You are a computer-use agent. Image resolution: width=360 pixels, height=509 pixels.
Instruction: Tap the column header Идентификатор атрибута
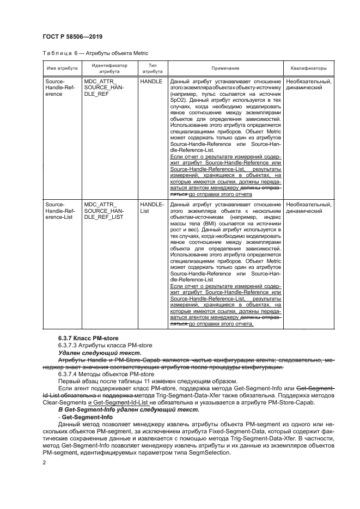[109, 69]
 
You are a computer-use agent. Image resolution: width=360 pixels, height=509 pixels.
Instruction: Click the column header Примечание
[225, 69]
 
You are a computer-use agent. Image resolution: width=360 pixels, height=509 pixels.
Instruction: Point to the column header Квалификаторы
[309, 69]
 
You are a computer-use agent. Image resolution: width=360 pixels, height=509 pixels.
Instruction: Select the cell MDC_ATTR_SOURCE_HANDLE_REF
[104, 87]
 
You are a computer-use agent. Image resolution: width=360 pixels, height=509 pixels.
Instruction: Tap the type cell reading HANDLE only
[151, 81]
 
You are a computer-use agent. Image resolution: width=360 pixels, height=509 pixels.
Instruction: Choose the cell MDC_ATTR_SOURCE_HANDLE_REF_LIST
[104, 211]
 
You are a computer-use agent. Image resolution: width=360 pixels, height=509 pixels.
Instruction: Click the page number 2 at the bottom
[45, 462]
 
